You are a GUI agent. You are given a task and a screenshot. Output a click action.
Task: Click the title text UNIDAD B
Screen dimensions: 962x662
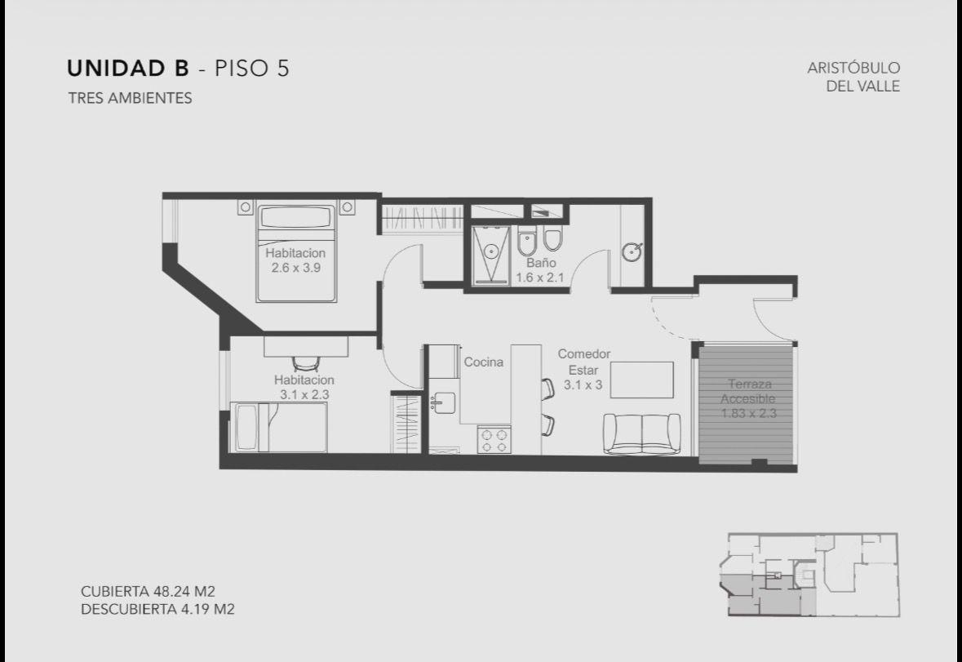pos(127,68)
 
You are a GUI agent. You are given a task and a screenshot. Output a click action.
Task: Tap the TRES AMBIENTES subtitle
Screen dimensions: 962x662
pos(130,98)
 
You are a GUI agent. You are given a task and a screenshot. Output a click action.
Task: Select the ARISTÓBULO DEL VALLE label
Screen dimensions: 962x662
pos(853,77)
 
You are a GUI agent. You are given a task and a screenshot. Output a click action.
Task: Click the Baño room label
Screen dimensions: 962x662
pos(540,263)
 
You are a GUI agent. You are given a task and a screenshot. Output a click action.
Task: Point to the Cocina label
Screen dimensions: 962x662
pos(484,362)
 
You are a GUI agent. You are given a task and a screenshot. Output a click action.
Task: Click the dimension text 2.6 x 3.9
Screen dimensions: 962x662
pos(295,268)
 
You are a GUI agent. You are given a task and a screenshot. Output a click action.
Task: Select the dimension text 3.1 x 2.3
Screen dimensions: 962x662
pos(304,394)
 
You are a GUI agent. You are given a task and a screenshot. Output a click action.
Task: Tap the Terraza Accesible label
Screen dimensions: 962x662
pos(748,392)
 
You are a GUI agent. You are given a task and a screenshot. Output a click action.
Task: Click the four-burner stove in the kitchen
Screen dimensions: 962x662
pos(494,440)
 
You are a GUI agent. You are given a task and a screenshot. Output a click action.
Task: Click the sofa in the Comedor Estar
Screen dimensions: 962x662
pos(642,433)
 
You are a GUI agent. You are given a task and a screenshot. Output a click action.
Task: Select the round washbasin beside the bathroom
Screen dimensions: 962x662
pos(632,251)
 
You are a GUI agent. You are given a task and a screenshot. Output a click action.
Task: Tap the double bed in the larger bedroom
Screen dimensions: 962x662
pos(297,253)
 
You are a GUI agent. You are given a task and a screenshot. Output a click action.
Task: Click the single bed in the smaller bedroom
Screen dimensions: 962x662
pos(278,427)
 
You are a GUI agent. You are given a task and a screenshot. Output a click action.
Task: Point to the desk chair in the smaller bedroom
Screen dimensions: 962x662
pos(305,363)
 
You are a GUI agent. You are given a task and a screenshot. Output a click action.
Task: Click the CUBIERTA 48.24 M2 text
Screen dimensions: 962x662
pos(148,592)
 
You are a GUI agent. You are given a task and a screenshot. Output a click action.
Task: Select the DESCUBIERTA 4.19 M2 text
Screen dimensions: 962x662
pos(157,609)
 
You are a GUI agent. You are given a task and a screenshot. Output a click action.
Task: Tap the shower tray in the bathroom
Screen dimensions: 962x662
pos(491,255)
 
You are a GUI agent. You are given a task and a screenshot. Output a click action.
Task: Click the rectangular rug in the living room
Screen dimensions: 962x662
pos(642,380)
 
